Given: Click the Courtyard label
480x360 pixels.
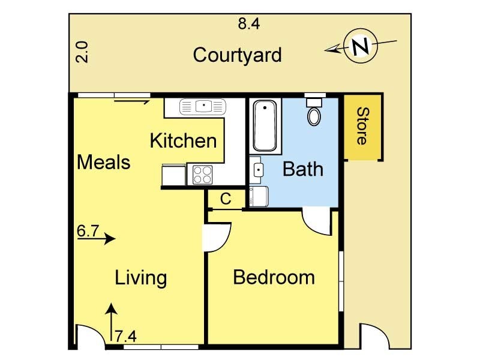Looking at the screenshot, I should (x=237, y=55).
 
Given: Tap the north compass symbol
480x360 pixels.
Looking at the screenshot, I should (x=360, y=46).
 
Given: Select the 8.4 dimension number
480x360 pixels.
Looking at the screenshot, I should (x=249, y=24).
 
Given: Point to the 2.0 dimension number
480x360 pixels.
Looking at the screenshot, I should (x=82, y=52).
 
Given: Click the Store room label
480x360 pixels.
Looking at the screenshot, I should (x=362, y=126).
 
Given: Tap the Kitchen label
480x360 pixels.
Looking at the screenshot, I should (x=182, y=141).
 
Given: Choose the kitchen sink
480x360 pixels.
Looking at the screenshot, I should (x=203, y=107).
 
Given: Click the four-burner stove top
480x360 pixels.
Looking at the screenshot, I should (x=202, y=175).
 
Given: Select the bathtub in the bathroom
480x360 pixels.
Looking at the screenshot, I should (x=264, y=126).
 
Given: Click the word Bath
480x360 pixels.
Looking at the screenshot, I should (x=302, y=169).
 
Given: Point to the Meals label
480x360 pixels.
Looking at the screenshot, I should (x=103, y=162).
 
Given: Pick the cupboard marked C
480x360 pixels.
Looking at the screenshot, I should (x=226, y=199).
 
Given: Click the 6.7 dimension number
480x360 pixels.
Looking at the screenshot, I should (x=88, y=230).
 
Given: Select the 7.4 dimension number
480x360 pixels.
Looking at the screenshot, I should (x=126, y=336).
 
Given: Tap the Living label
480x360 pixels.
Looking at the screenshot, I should (x=140, y=278).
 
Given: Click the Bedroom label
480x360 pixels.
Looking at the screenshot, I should (x=274, y=277).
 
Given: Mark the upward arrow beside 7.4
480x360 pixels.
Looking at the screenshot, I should (x=110, y=324).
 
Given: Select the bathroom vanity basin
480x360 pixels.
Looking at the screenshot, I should (x=258, y=170).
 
